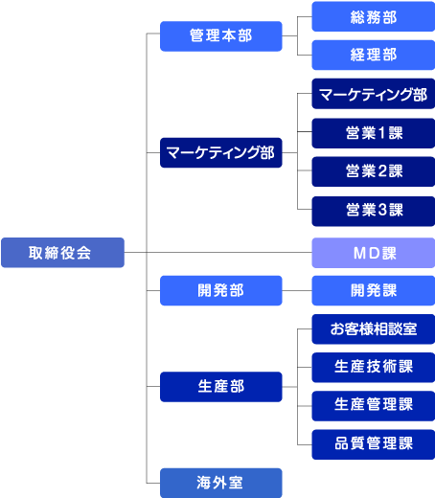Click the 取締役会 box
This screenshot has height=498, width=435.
(x=62, y=253)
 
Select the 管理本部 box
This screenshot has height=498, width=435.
(x=221, y=36)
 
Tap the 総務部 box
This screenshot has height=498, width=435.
(x=374, y=16)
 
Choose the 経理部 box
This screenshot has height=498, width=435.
(x=374, y=55)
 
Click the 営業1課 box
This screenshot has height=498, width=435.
(x=374, y=133)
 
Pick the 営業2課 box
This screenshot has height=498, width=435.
(x=374, y=171)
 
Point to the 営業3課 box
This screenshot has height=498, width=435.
(x=374, y=211)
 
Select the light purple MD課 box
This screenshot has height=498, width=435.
(x=374, y=253)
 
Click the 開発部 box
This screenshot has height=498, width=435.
(x=221, y=290)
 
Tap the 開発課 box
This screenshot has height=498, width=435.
(x=374, y=290)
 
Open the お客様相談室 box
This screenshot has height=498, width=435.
(x=374, y=329)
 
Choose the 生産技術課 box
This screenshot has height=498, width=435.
(x=374, y=368)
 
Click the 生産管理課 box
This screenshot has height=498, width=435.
(x=374, y=406)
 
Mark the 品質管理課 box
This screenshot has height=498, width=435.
(x=374, y=444)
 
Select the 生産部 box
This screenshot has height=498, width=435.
(x=221, y=387)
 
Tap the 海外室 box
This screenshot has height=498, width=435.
(x=221, y=483)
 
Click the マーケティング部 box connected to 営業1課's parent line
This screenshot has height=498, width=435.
(x=221, y=152)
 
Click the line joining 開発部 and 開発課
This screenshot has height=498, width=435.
(x=297, y=290)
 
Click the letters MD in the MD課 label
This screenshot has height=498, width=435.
(x=367, y=254)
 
